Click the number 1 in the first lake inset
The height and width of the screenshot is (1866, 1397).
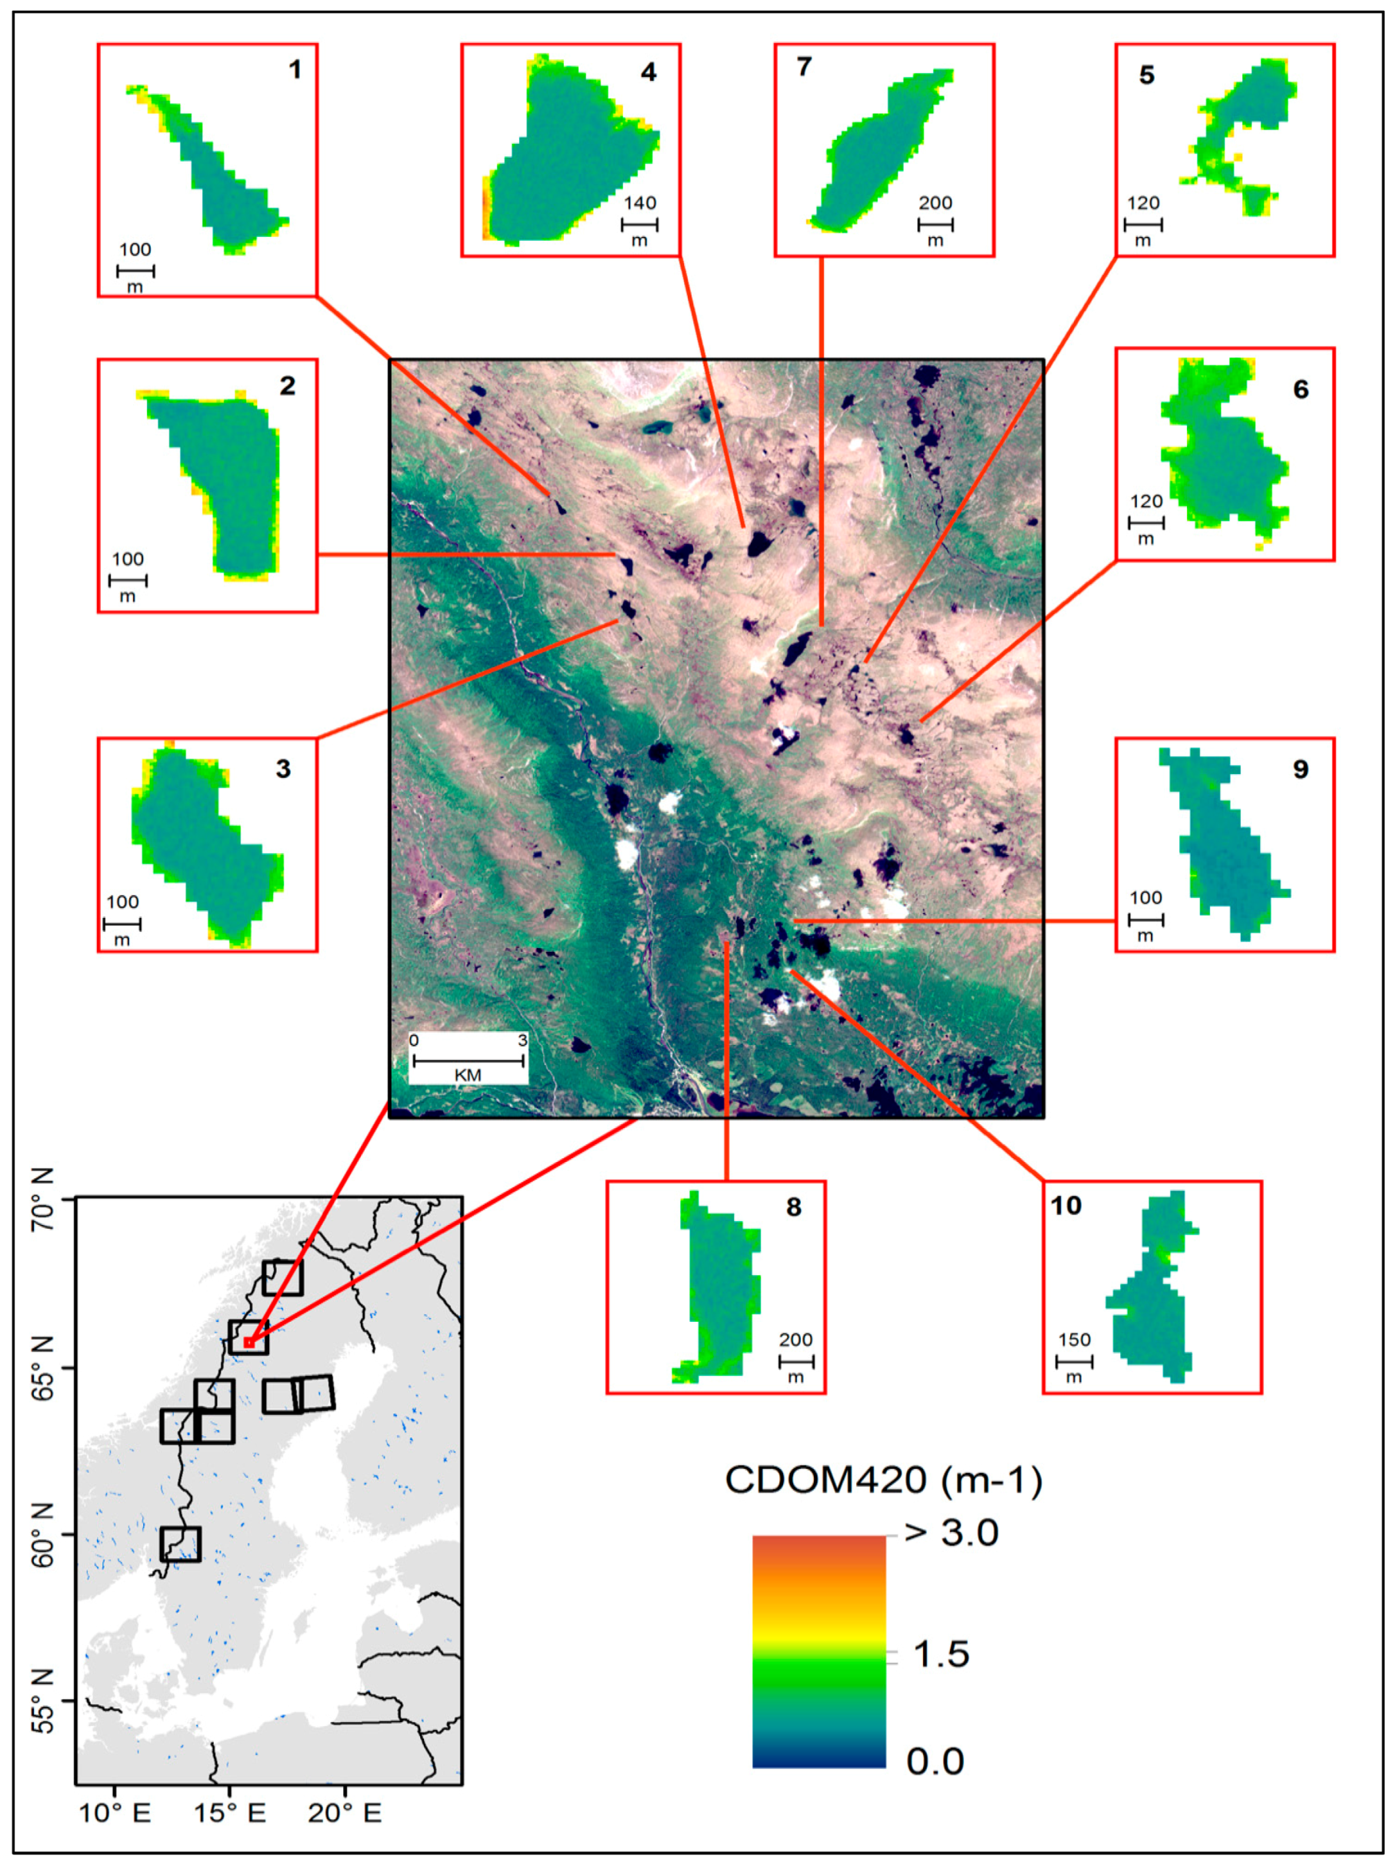(x=295, y=69)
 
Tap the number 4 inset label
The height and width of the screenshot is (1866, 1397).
(x=648, y=72)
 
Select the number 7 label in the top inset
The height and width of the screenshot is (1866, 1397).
(x=804, y=67)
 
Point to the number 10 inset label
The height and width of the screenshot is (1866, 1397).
(x=1065, y=1206)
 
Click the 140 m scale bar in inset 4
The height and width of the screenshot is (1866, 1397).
(x=639, y=225)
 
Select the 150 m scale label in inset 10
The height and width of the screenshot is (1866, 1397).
(x=1074, y=1340)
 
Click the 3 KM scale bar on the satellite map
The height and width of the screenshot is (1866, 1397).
(x=468, y=1060)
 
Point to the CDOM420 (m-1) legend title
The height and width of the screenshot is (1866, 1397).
(x=883, y=1480)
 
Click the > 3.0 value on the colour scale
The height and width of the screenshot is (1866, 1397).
(x=951, y=1533)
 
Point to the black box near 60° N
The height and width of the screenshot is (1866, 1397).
(x=181, y=1544)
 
